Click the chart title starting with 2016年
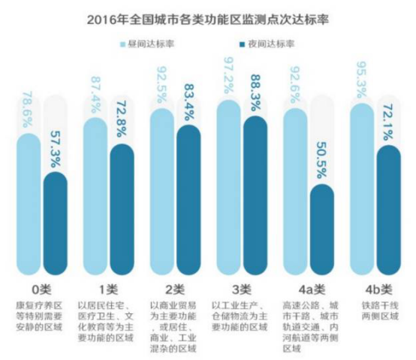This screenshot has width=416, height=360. [208, 14]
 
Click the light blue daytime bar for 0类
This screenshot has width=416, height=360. [29, 203]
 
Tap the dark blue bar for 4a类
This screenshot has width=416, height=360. [323, 233]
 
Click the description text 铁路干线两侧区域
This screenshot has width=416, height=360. [376, 311]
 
